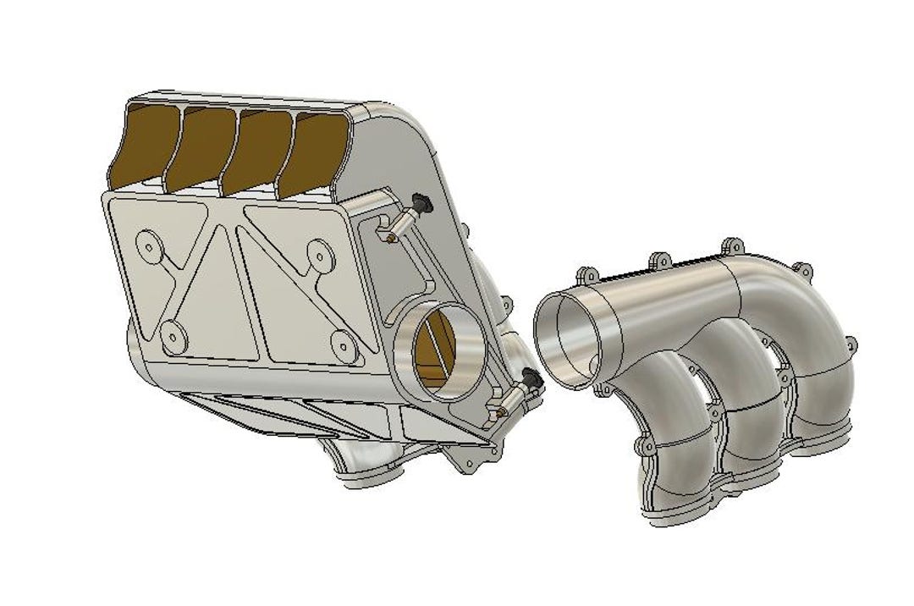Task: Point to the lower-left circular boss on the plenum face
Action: pos(173,338)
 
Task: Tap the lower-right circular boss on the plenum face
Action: pos(343,343)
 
